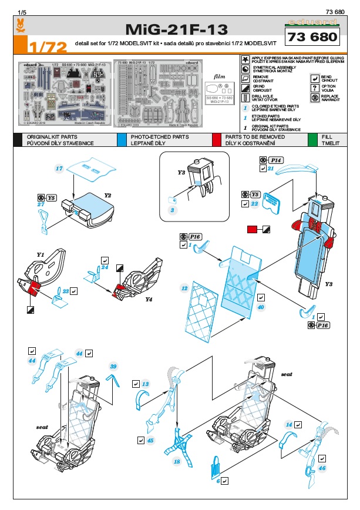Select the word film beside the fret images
[x=219, y=76]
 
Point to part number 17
[x=59, y=169]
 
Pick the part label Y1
[x=41, y=254]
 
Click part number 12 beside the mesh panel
[x=184, y=288]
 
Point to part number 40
[x=261, y=307]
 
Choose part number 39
[x=114, y=365]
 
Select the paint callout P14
[x=277, y=160]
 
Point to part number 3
[x=173, y=210]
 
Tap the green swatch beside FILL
[x=312, y=139]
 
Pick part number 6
[x=218, y=481]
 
